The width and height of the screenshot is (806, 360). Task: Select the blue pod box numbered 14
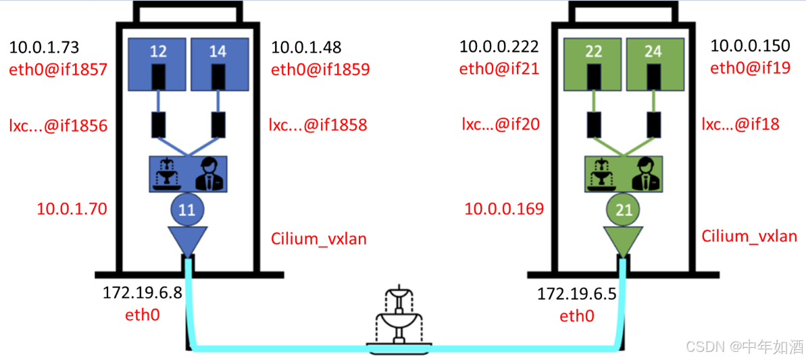coord(218,63)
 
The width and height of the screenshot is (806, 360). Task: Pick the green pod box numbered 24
coord(653,63)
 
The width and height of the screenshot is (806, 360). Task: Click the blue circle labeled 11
coord(187,210)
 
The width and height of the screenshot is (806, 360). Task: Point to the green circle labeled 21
coord(624,210)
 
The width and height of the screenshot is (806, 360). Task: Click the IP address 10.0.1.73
coord(44,48)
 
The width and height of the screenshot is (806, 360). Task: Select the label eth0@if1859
coord(320,69)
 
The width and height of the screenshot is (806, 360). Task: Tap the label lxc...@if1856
coord(58,125)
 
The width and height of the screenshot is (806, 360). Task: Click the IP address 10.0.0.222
coord(499,47)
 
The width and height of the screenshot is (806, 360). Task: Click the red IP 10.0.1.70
coord(71,209)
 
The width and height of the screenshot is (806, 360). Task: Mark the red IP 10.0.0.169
coord(504,209)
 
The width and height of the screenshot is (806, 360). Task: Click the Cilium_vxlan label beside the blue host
coord(318,238)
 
